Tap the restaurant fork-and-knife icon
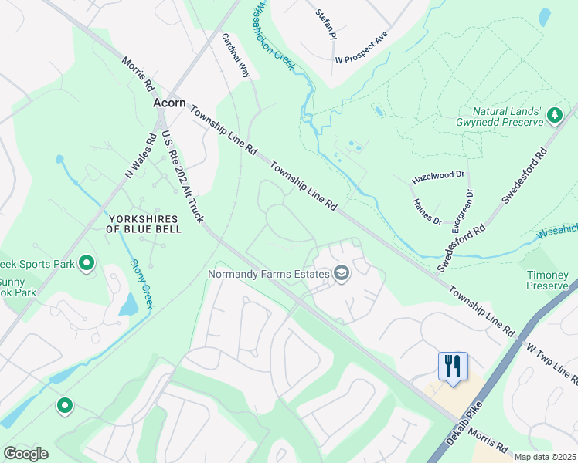pyautogui.click(x=453, y=365)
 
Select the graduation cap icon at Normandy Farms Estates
pyautogui.click(x=341, y=273)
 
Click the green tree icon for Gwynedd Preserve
pyautogui.click(x=554, y=116)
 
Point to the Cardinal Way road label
pyautogui.click(x=236, y=56)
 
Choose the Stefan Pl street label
pyautogui.click(x=327, y=24)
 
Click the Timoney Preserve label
pyautogui.click(x=548, y=280)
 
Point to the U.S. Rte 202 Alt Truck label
pyautogui.click(x=182, y=177)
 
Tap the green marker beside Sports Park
pyautogui.click(x=87, y=264)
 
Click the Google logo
pyautogui.click(x=25, y=454)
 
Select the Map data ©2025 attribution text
pyautogui.click(x=545, y=457)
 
